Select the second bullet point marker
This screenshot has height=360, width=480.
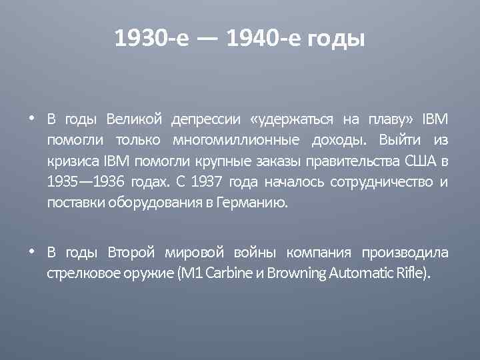click(32, 252)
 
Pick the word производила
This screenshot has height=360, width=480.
click(405, 253)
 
